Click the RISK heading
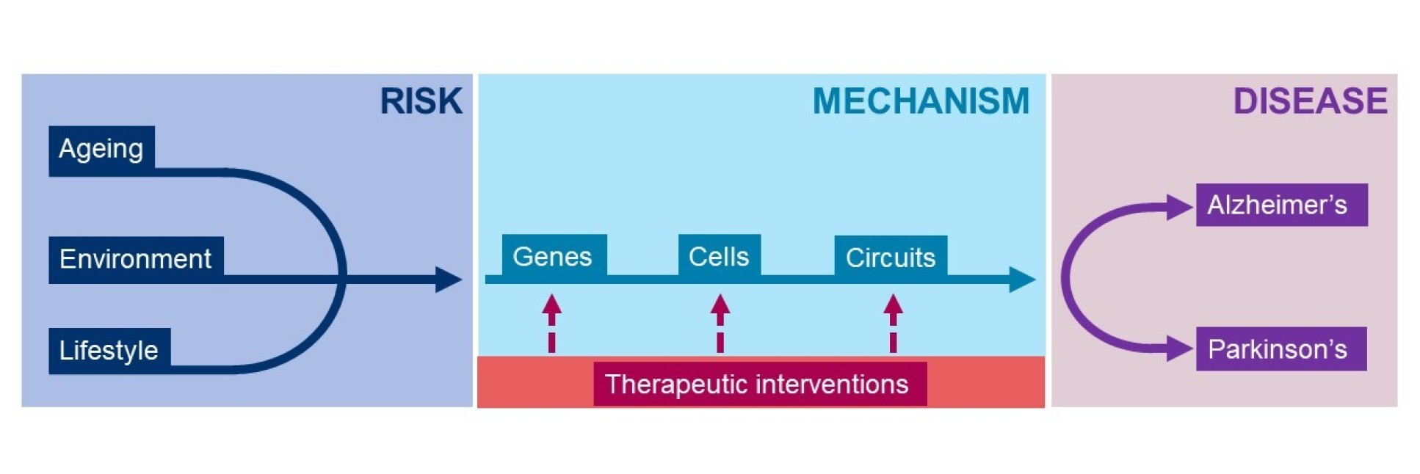421,101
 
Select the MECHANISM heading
921,101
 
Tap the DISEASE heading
1310,101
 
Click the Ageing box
101,150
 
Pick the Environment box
136,259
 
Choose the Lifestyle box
109,350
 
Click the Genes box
554,256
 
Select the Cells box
719,256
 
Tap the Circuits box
891,257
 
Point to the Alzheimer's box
1280,205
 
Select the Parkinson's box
1280,349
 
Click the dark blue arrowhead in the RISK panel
448,280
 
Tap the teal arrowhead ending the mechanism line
1022,280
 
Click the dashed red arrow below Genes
552,323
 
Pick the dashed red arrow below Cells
720,323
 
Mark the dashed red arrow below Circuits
893,323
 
